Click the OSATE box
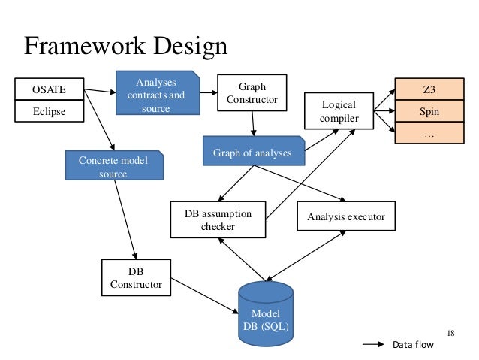pyautogui.click(x=48, y=90)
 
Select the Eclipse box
pyautogui.click(x=48, y=112)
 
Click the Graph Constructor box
pyautogui.click(x=252, y=93)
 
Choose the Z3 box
pyautogui.click(x=429, y=90)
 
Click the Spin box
pyautogui.click(x=429, y=112)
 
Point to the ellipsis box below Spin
pyautogui.click(x=429, y=134)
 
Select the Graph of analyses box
pyautogui.click(x=252, y=153)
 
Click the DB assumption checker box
pyautogui.click(x=218, y=219)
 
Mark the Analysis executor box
pyautogui.click(x=345, y=217)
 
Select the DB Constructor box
pyautogui.click(x=136, y=277)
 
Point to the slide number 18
pyautogui.click(x=450, y=333)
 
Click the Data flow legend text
pyautogui.click(x=413, y=346)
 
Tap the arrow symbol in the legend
pyautogui.click(x=373, y=346)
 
